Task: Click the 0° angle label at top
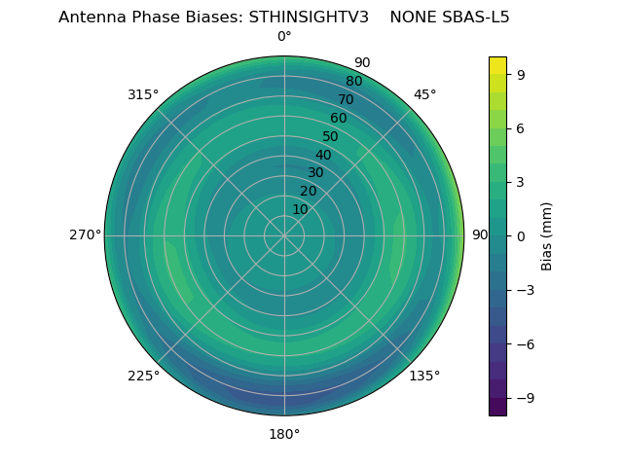click(284, 37)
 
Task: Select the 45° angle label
click(424, 94)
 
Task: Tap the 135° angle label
click(424, 376)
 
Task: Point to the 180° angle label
click(284, 434)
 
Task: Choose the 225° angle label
click(143, 376)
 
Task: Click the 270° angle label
click(85, 235)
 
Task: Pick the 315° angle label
click(143, 94)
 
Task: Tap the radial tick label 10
click(300, 209)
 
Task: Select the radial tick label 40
click(323, 155)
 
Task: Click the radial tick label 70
click(346, 100)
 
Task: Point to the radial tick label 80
click(353, 82)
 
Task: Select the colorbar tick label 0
click(521, 235)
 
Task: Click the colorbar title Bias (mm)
click(547, 235)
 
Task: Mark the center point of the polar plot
click(284, 235)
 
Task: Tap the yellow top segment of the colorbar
click(497, 64)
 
